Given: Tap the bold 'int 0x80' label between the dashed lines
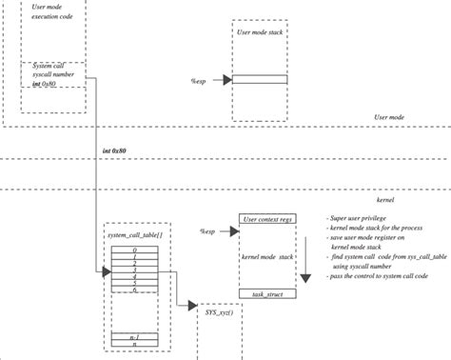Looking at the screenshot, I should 115,151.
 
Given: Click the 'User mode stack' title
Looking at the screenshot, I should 260,33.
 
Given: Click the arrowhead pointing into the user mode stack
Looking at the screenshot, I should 227,81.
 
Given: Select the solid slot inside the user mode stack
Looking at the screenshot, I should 260,81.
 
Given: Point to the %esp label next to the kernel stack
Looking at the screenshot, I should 207,231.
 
